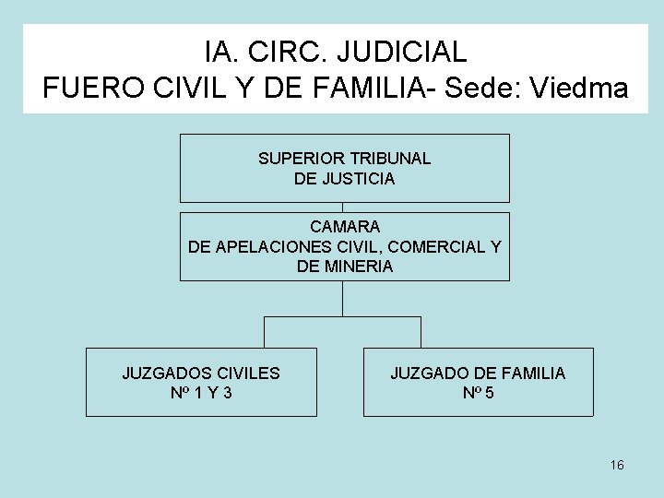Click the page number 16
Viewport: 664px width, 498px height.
pyautogui.click(x=617, y=465)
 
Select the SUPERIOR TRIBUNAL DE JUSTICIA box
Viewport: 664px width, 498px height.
pyautogui.click(x=344, y=168)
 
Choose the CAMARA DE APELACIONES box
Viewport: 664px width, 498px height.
pyautogui.click(x=344, y=246)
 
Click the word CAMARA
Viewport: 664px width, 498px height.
pyautogui.click(x=345, y=226)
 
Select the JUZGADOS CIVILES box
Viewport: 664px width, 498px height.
pyautogui.click(x=201, y=382)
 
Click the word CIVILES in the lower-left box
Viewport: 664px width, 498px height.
pyautogui.click(x=246, y=373)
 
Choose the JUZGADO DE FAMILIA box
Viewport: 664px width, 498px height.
pyautogui.click(x=478, y=382)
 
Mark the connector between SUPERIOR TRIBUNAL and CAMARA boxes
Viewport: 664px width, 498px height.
pyautogui.click(x=343, y=207)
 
